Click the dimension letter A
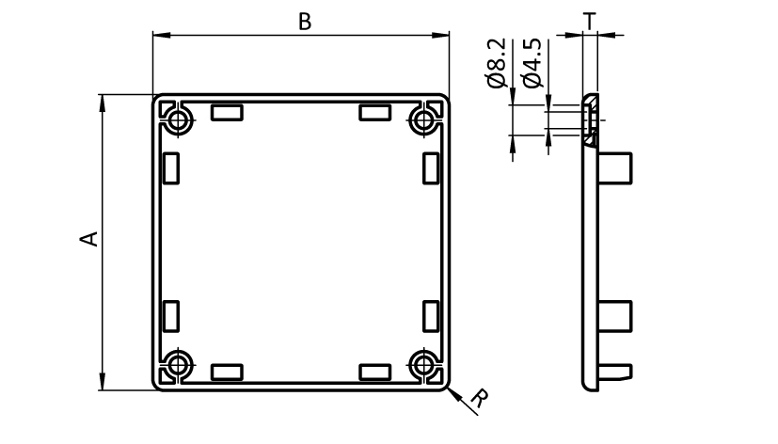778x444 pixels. pos(87,239)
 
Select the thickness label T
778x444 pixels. pos(589,20)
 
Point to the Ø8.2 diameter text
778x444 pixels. pos(499,63)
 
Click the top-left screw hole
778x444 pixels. pos(179,119)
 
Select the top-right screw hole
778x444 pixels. pos(425,119)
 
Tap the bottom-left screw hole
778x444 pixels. pos(179,365)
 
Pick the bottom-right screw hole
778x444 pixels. pos(425,365)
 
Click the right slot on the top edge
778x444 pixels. pos(375,113)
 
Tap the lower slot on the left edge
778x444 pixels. pos(171,316)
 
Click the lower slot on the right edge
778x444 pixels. pos(432,316)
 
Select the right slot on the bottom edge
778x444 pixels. pos(375,372)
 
